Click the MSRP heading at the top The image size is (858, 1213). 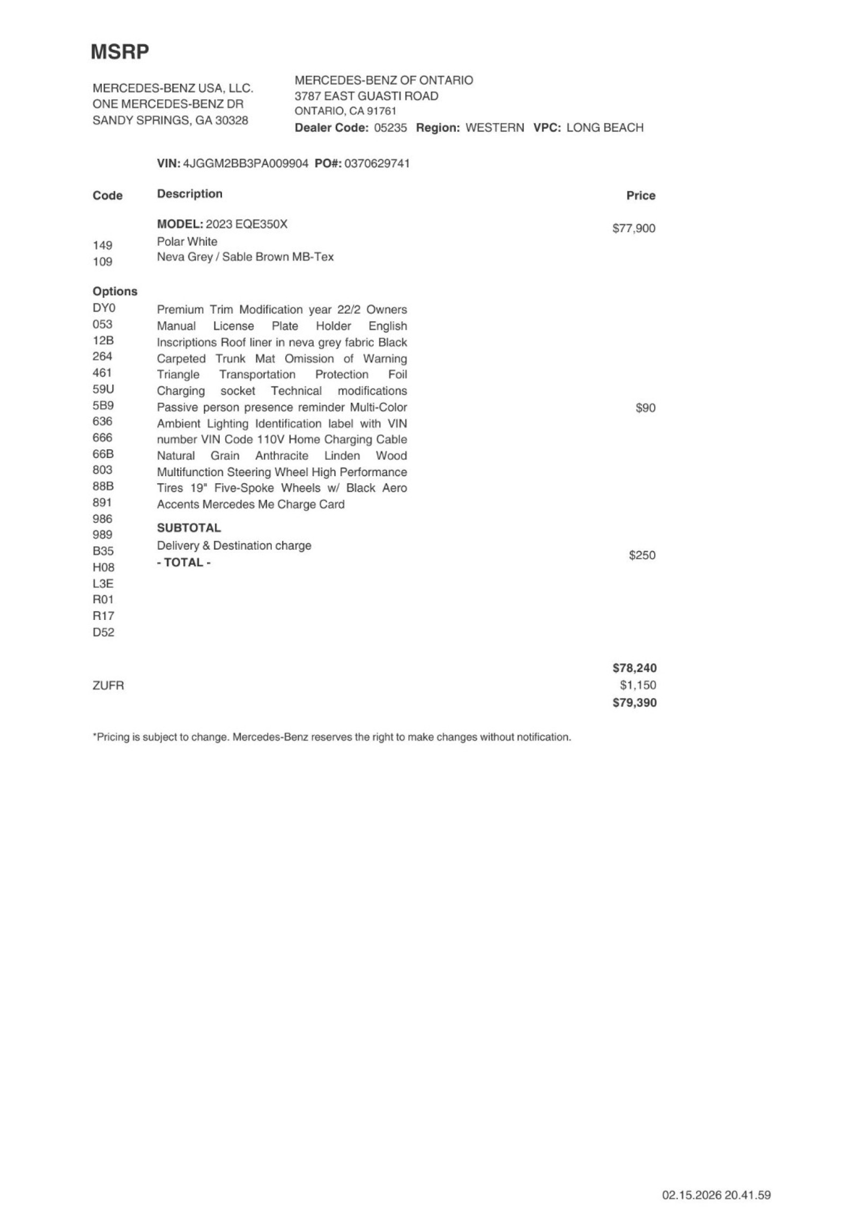tap(120, 52)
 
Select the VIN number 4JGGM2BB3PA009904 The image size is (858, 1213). tap(246, 164)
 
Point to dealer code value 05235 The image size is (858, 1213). tap(390, 128)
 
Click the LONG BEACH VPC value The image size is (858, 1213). tap(604, 128)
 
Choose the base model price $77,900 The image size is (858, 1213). tap(633, 228)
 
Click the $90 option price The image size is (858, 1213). tap(645, 408)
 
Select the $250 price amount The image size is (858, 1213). tap(642, 555)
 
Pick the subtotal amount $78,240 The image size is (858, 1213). tap(634, 668)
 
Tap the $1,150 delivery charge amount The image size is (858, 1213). tap(638, 685)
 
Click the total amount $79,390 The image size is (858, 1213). tap(634, 702)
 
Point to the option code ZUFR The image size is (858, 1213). tap(108, 685)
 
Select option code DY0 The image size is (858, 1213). tap(104, 308)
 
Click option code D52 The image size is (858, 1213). tap(103, 632)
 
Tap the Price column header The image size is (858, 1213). tap(641, 196)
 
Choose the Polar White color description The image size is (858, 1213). tap(187, 241)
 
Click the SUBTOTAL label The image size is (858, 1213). tap(189, 528)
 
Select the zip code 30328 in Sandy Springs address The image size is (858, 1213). tap(231, 121)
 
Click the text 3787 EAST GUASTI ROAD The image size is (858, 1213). tap(366, 96)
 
